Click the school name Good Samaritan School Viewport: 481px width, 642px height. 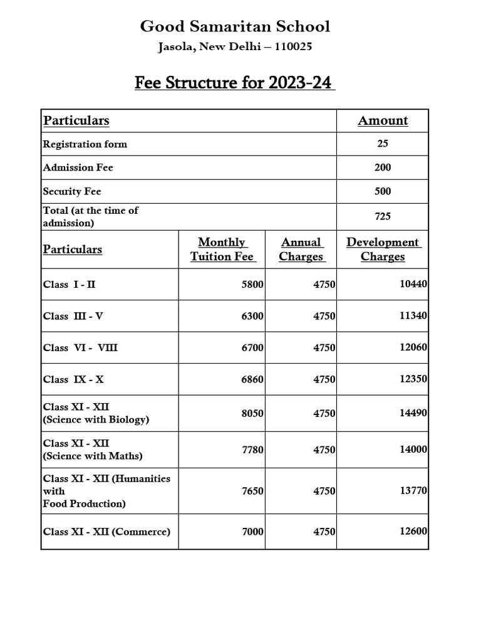[235, 26]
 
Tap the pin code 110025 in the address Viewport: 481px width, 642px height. [290, 46]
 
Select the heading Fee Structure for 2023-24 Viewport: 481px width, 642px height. [235, 83]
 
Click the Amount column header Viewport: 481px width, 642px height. [383, 120]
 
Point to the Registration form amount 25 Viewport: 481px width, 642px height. [383, 144]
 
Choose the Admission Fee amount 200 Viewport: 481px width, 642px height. [383, 167]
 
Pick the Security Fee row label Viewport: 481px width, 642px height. [72, 191]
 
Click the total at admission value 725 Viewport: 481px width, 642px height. [383, 216]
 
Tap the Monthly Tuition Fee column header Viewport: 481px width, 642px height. [222, 249]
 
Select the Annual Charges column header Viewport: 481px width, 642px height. [301, 249]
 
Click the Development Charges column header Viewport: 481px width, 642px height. [383, 249]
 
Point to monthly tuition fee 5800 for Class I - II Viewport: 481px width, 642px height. [252, 285]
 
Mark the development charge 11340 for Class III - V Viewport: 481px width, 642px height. [413, 316]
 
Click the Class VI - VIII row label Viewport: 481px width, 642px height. [80, 347]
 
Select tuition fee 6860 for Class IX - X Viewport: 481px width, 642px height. [252, 379]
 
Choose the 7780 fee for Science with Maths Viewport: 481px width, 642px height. [252, 450]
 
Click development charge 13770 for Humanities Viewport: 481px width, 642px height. [413, 490]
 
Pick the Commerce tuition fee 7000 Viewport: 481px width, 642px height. [252, 532]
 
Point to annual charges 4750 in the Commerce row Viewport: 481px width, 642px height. [324, 532]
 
